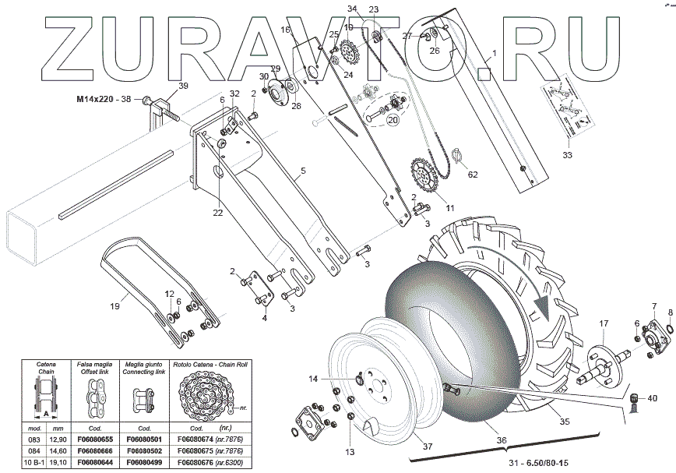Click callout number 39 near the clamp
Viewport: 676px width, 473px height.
coord(183,86)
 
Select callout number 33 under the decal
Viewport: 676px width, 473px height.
coord(566,155)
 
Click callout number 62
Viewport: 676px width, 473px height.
coord(473,175)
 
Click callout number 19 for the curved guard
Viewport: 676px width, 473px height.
coord(114,306)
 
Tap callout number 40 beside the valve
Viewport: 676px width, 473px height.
coord(652,398)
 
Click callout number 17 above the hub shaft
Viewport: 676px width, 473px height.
coord(604,323)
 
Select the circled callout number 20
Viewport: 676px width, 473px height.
coord(393,121)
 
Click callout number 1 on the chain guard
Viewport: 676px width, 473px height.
coord(493,56)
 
